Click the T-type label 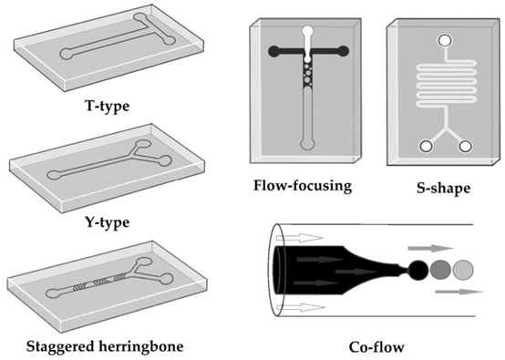click(x=108, y=106)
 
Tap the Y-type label click(x=108, y=221)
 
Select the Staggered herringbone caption click(x=105, y=346)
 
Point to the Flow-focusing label click(x=303, y=186)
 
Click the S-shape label click(x=444, y=189)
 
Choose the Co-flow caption click(x=376, y=347)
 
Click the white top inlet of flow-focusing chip click(x=308, y=31)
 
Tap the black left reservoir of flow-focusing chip click(x=273, y=51)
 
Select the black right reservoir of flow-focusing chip click(x=344, y=51)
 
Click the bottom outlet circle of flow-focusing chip click(x=307, y=144)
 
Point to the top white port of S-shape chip click(x=445, y=41)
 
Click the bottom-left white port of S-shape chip click(x=426, y=146)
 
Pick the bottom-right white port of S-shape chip click(x=465, y=146)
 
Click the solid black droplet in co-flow click(x=418, y=270)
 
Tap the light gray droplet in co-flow click(x=463, y=270)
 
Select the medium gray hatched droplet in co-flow click(x=440, y=270)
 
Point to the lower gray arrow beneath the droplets click(x=459, y=292)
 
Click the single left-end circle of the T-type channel click(x=67, y=54)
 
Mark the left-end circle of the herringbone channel click(x=53, y=293)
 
